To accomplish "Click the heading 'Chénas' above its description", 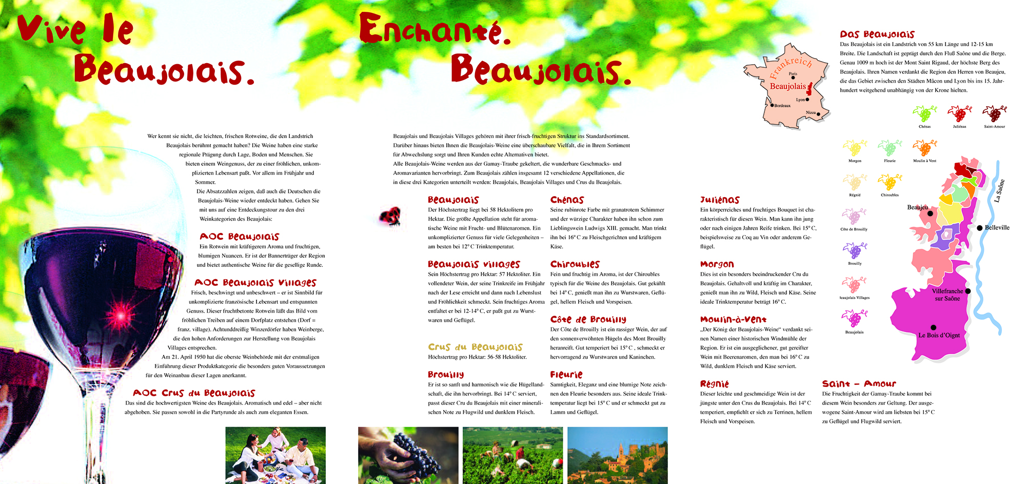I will [x=567, y=200].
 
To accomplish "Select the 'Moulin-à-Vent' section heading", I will [x=733, y=319].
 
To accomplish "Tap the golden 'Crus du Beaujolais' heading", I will [x=475, y=347].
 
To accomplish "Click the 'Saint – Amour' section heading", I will [x=859, y=383].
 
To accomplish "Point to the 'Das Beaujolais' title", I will [x=877, y=34].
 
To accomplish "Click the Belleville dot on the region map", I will [x=979, y=228].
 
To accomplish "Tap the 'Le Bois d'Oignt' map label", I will [x=939, y=335].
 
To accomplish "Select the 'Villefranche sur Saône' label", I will [x=947, y=295].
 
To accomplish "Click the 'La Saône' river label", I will [x=999, y=190].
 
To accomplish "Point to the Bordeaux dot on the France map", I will [x=772, y=105].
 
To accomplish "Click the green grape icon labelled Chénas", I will [x=924, y=114].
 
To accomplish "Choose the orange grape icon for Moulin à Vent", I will [x=924, y=148].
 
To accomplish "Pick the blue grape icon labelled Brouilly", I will [x=855, y=251].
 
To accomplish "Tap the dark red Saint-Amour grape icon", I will [x=994, y=114].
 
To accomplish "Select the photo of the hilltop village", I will [x=617, y=455].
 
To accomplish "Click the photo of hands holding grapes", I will [x=408, y=455].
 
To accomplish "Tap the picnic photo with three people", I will [x=275, y=455].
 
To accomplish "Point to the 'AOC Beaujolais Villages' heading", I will [x=255, y=283].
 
